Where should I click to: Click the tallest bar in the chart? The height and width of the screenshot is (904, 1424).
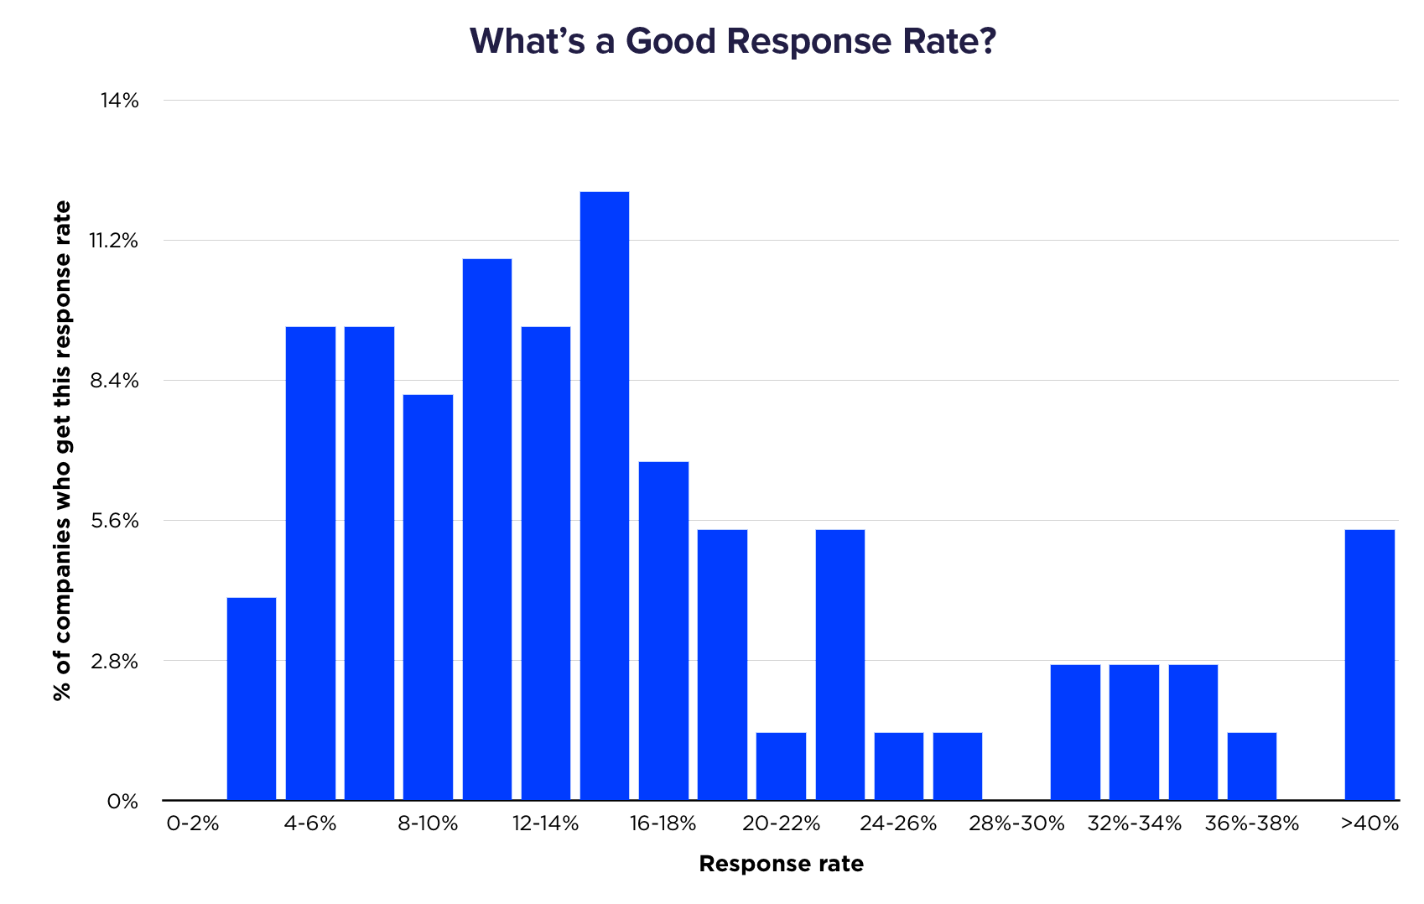tap(605, 495)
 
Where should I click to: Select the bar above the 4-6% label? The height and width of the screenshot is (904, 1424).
tap(310, 562)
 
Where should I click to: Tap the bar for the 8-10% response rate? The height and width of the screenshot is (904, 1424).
tap(428, 596)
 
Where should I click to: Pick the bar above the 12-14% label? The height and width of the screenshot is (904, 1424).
tap(546, 562)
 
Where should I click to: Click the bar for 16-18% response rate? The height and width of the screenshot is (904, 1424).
tap(663, 630)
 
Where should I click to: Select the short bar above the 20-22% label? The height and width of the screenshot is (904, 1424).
tap(781, 766)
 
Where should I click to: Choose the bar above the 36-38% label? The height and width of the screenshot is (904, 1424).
tap(1252, 766)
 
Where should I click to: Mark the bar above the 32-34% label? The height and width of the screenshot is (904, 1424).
tap(1134, 731)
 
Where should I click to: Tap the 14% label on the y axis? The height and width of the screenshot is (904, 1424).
tap(119, 101)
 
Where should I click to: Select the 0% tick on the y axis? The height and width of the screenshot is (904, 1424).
tap(122, 802)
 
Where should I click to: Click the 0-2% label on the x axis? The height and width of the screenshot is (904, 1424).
tap(193, 823)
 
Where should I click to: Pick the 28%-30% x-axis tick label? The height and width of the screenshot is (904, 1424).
tap(1016, 823)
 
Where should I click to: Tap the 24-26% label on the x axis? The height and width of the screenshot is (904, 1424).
tap(898, 823)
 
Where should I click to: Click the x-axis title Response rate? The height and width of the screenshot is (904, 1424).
tap(781, 865)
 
